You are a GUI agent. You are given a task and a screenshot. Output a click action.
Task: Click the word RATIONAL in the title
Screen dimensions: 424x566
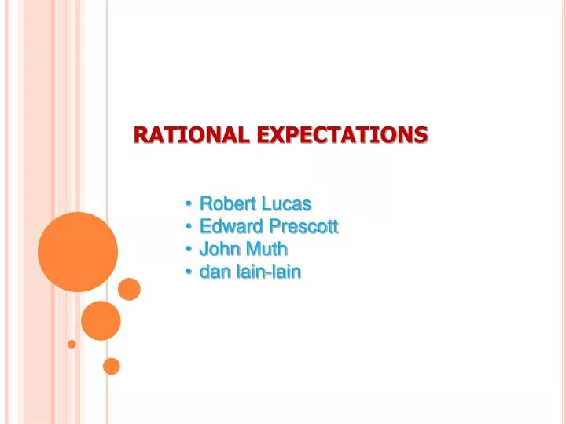pos(191,135)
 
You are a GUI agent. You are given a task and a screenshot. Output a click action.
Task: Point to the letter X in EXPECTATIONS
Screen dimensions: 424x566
pos(281,135)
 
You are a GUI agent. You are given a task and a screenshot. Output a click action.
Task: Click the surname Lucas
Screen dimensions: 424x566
pos(286,204)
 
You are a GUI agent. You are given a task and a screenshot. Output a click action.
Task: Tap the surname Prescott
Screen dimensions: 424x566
pos(303,227)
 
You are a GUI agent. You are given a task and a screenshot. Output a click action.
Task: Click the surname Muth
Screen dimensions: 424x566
pos(267,250)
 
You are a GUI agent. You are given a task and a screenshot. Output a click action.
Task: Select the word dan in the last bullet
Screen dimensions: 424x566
pos(215,272)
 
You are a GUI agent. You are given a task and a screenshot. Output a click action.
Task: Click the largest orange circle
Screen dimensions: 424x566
pos(78,252)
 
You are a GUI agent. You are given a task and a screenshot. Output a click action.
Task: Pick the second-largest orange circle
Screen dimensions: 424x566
pos(101,320)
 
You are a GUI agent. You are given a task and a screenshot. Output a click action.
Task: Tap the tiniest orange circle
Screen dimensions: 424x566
pos(72,344)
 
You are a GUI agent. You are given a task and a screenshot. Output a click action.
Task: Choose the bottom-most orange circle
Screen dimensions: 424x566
pos(112,366)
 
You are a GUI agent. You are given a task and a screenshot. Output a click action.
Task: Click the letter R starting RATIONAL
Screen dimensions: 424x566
pos(141,135)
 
